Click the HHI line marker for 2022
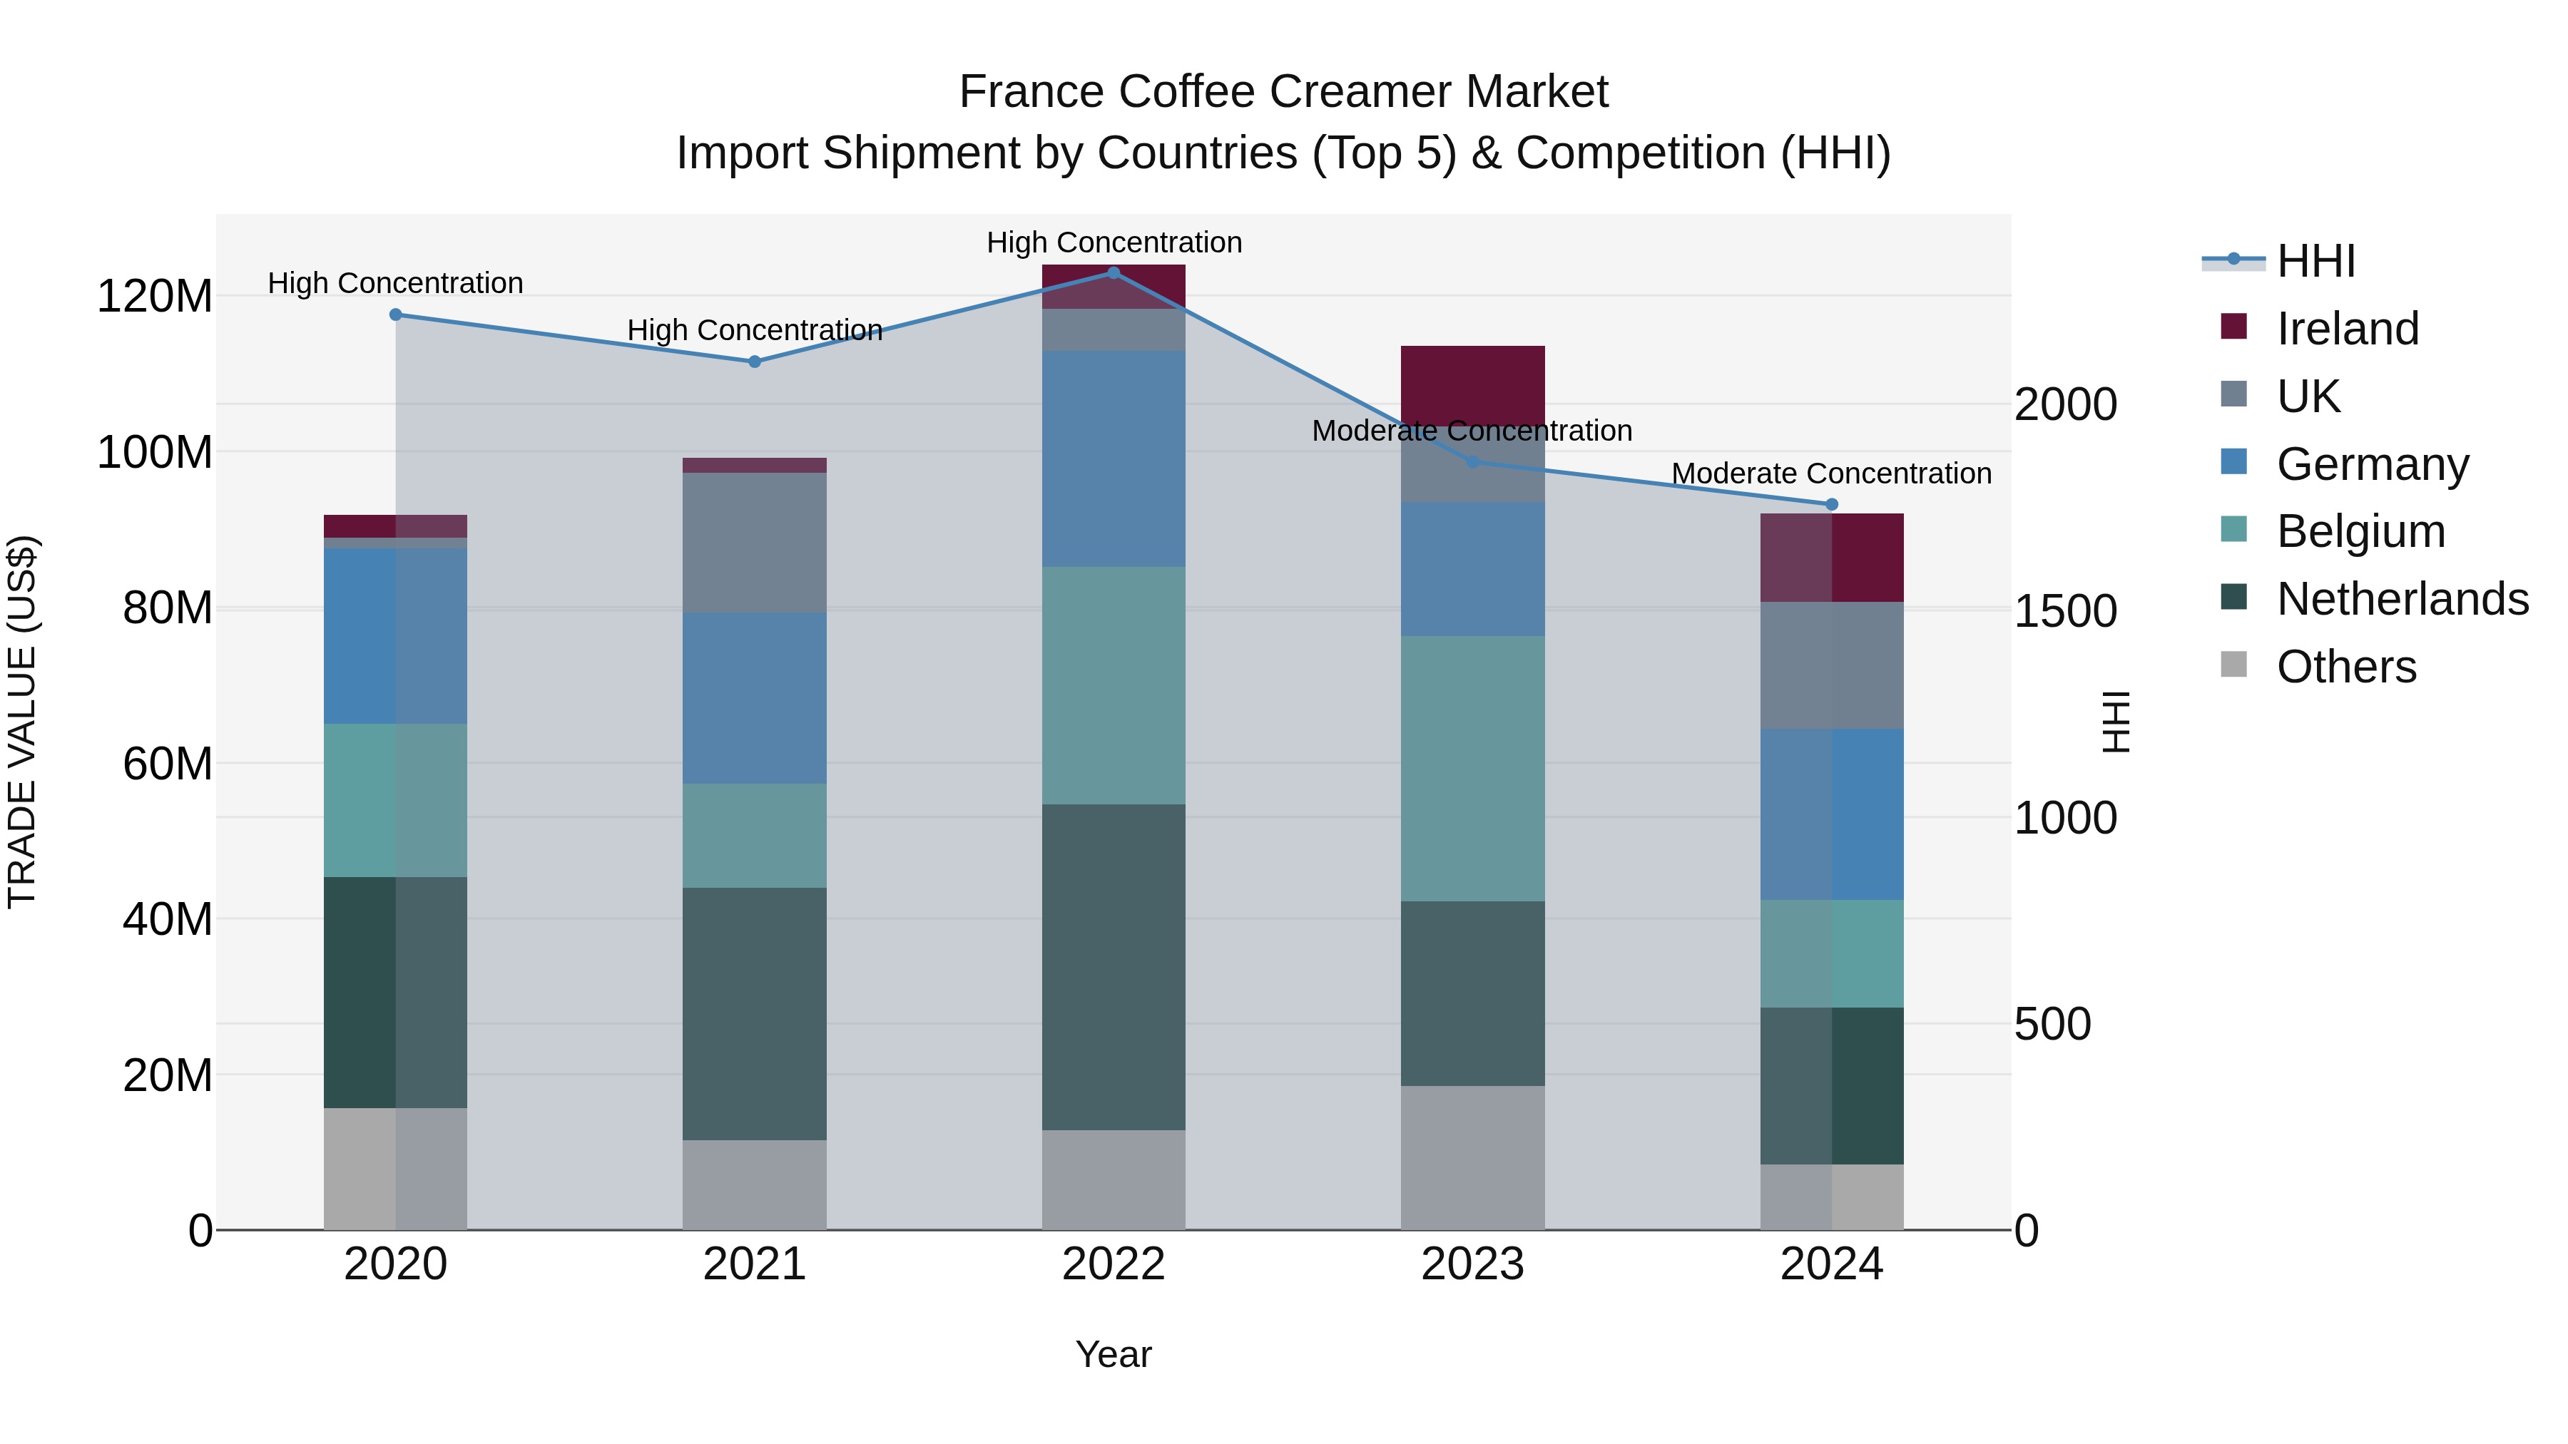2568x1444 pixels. (x=1114, y=273)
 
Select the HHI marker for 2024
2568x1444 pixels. (x=1831, y=504)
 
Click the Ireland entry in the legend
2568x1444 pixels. (x=2347, y=329)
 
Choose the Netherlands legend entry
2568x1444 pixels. (x=2402, y=599)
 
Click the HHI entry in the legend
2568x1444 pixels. (x=2315, y=261)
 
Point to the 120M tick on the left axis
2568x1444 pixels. (x=155, y=297)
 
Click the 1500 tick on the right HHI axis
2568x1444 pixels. (x=2064, y=612)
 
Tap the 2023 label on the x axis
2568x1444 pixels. (x=1472, y=1264)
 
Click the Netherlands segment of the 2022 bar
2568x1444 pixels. (x=1114, y=967)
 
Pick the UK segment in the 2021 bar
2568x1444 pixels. (x=755, y=543)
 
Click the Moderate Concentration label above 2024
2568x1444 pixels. (x=1831, y=473)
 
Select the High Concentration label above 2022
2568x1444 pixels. (x=1114, y=242)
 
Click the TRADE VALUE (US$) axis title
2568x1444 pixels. (x=22, y=722)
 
